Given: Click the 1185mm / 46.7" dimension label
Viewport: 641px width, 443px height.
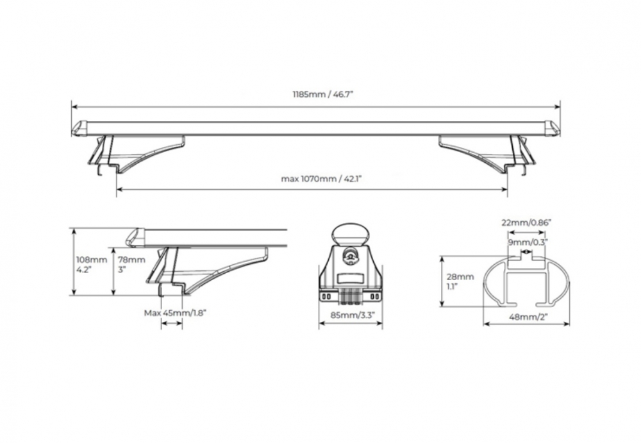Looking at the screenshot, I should click(315, 94).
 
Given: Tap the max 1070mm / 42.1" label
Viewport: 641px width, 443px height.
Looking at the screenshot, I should click(314, 180).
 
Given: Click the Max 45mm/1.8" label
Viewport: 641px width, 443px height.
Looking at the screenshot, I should click(176, 313).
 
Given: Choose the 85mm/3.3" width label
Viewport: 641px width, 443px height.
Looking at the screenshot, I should click(351, 315).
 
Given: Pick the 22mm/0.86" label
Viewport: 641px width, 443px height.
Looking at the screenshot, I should click(526, 222).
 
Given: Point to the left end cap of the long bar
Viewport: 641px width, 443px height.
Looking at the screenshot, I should click(79, 128).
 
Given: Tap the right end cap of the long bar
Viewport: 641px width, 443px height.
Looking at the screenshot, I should click(552, 128).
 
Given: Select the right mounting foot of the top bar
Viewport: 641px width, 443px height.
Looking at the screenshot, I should click(494, 154).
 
